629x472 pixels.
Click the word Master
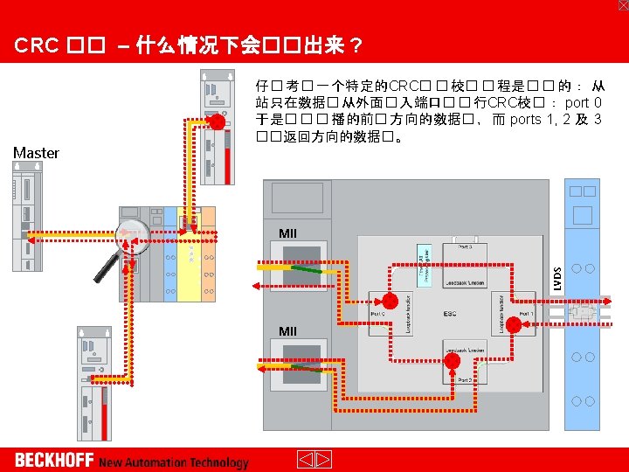click(36, 153)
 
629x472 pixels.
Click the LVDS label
click(558, 279)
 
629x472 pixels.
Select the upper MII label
click(288, 233)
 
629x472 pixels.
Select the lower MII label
click(288, 330)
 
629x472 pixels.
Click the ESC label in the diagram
click(450, 313)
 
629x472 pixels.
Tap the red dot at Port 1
click(515, 325)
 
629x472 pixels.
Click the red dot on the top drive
click(215, 121)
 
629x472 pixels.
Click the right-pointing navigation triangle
click(323, 460)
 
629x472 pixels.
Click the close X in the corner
click(622, 5)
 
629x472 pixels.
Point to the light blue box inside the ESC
click(423, 260)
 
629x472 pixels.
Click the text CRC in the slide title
click(36, 45)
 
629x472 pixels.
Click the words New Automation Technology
click(173, 462)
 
